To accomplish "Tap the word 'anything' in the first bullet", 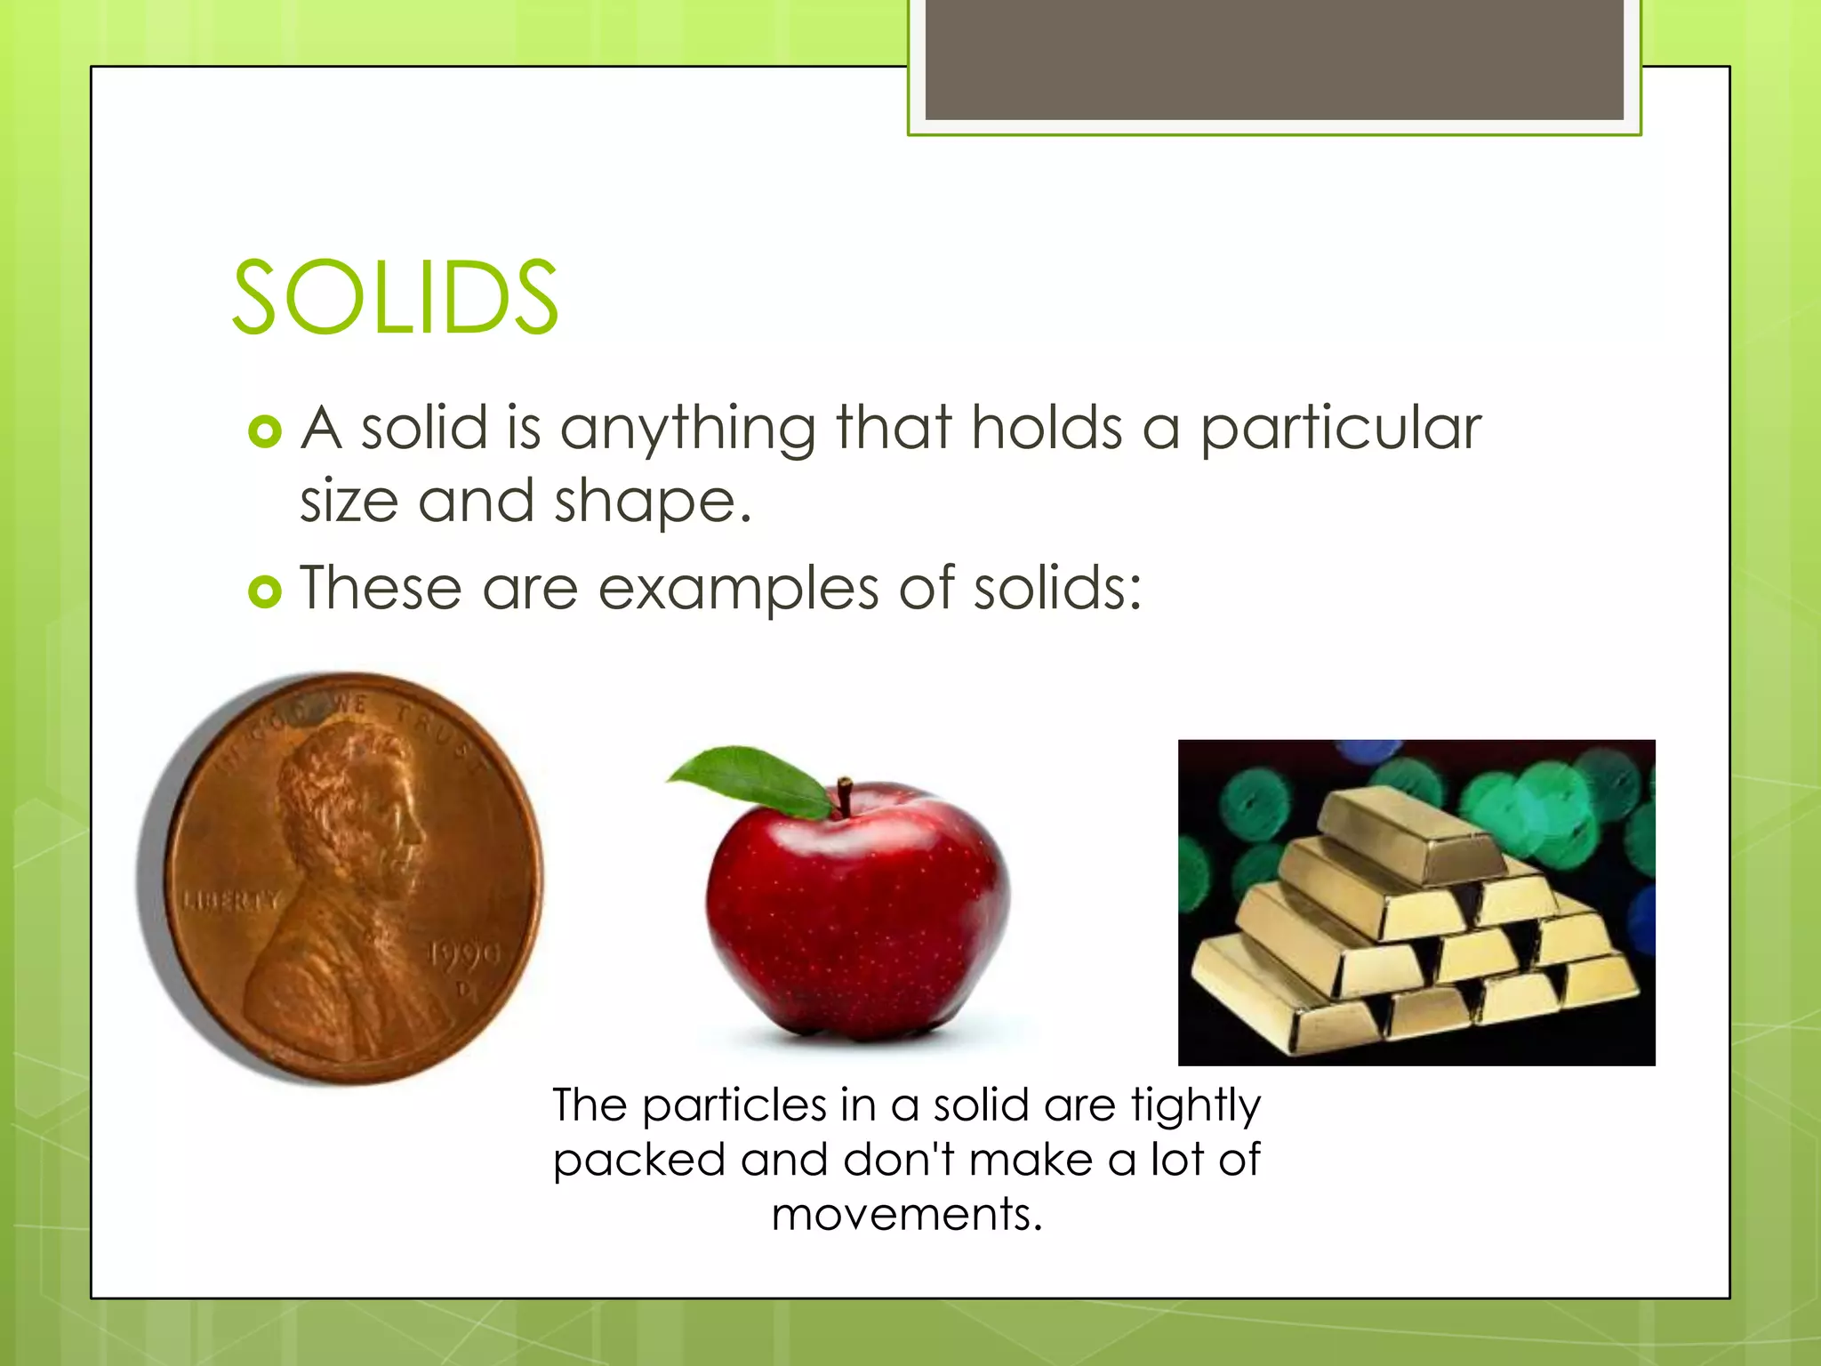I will coord(687,429).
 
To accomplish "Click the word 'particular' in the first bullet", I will coord(1341,429).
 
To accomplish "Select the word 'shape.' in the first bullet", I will coord(653,502).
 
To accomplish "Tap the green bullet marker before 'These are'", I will coord(265,591).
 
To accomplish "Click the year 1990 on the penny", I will coord(465,955).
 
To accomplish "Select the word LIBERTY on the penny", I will coord(231,901).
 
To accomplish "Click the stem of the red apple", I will coord(845,796).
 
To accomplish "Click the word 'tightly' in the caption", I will coord(1195,1106).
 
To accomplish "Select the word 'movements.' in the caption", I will coord(907,1215).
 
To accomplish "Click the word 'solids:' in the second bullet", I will coord(1057,589).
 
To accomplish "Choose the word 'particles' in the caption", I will coord(734,1106).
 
